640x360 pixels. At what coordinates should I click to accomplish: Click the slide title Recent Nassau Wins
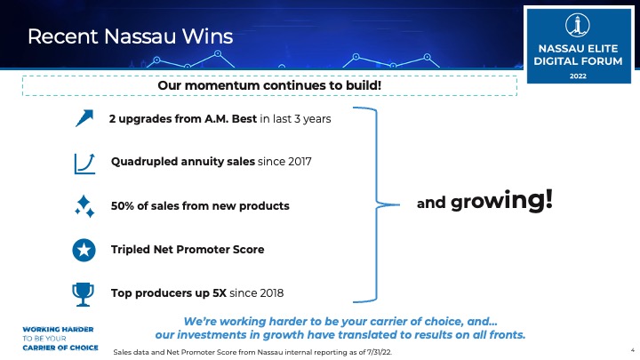click(x=130, y=36)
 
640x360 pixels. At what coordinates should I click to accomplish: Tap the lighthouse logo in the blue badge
click(x=578, y=25)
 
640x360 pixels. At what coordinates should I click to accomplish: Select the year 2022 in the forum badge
click(x=578, y=76)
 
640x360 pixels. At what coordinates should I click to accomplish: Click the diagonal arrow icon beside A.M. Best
click(x=84, y=118)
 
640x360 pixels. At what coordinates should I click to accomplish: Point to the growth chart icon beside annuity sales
click(x=84, y=164)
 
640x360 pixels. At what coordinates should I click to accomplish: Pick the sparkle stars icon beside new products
click(x=84, y=206)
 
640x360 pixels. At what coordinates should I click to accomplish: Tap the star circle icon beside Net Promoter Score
click(x=84, y=250)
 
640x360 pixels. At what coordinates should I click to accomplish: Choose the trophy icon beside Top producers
click(x=83, y=294)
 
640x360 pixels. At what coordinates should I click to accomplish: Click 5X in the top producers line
click(x=220, y=293)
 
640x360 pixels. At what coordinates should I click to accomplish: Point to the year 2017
click(x=300, y=162)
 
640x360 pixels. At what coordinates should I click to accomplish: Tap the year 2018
click(x=271, y=293)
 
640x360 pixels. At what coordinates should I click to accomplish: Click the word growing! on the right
click(x=501, y=200)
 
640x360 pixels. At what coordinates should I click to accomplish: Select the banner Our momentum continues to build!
click(x=269, y=85)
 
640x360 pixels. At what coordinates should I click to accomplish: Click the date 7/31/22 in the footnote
click(x=380, y=352)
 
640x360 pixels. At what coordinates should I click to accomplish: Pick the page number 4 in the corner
click(x=633, y=350)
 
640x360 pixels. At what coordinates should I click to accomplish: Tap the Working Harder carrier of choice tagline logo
click(x=60, y=339)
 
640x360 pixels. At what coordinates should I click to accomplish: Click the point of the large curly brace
click(x=399, y=204)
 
